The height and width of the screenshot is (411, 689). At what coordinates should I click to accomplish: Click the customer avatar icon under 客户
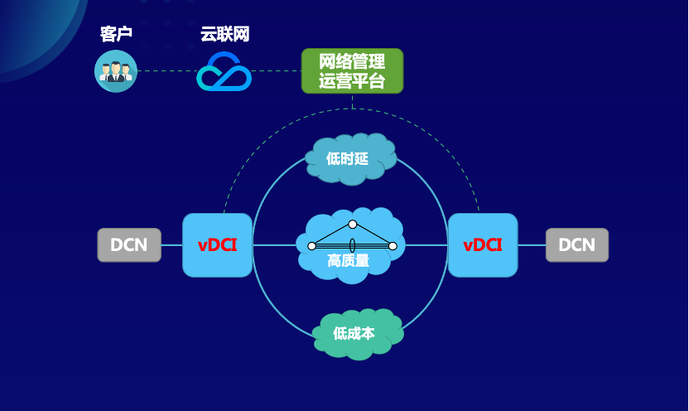(116, 71)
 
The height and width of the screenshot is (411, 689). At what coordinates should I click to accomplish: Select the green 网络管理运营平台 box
(352, 71)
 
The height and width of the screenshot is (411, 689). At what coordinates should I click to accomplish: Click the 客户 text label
(116, 35)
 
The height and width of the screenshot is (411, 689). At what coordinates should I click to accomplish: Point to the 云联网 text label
(224, 35)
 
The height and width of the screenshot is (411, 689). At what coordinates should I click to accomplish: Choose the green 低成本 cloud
(356, 333)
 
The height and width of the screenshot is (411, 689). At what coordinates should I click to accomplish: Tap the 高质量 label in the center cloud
(349, 261)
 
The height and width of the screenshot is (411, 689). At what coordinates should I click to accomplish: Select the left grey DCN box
(129, 245)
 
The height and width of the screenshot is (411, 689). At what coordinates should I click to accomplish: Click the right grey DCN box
(576, 245)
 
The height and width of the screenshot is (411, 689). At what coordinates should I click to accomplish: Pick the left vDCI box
(217, 245)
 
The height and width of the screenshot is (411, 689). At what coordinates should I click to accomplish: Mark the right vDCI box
(483, 245)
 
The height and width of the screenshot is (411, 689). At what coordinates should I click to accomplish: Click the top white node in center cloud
(353, 225)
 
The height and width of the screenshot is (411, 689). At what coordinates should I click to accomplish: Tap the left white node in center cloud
(312, 246)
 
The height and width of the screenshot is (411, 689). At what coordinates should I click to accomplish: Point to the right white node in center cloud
(393, 246)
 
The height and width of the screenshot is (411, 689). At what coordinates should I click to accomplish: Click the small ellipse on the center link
(353, 245)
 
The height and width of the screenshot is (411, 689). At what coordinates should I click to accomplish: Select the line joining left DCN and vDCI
(171, 245)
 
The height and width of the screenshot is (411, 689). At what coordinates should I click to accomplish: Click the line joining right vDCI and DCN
(532, 245)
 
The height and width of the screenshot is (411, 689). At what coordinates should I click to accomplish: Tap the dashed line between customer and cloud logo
(166, 71)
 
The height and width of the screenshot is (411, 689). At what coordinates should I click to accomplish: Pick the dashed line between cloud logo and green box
(276, 71)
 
